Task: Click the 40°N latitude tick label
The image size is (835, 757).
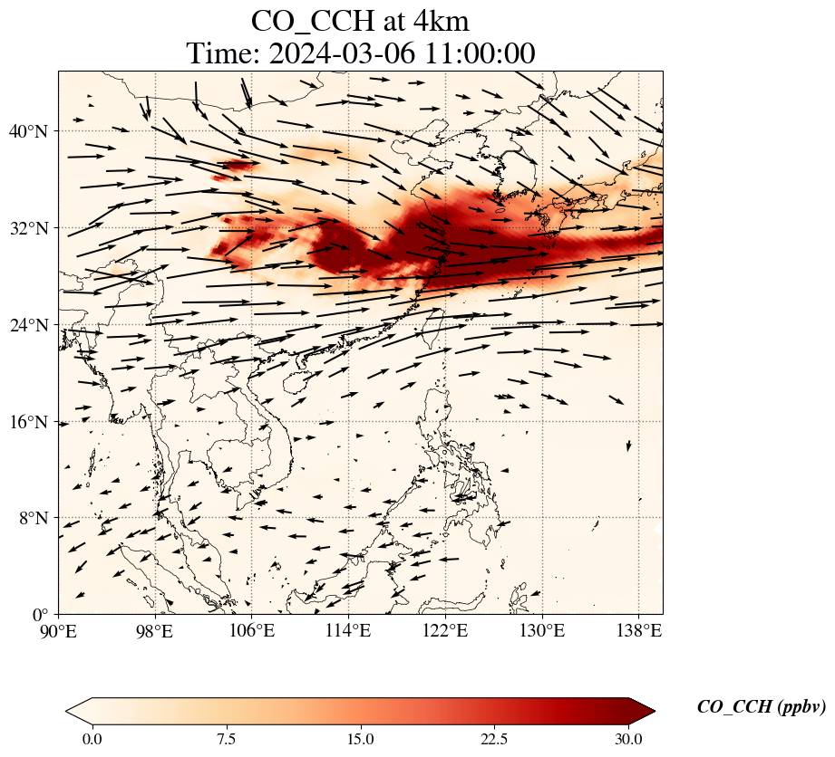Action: click(34, 131)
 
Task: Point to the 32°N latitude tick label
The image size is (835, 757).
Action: click(34, 228)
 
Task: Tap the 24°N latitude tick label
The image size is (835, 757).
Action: click(34, 325)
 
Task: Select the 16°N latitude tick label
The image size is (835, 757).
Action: click(34, 422)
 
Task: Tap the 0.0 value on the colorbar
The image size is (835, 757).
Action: click(92, 739)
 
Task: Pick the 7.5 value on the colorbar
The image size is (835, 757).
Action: click(226, 739)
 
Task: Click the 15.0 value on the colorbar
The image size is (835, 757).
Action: click(360, 739)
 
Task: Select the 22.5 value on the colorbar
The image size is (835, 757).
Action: click(494, 739)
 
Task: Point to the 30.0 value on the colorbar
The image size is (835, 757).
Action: click(628, 739)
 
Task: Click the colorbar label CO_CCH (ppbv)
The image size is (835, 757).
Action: click(761, 707)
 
